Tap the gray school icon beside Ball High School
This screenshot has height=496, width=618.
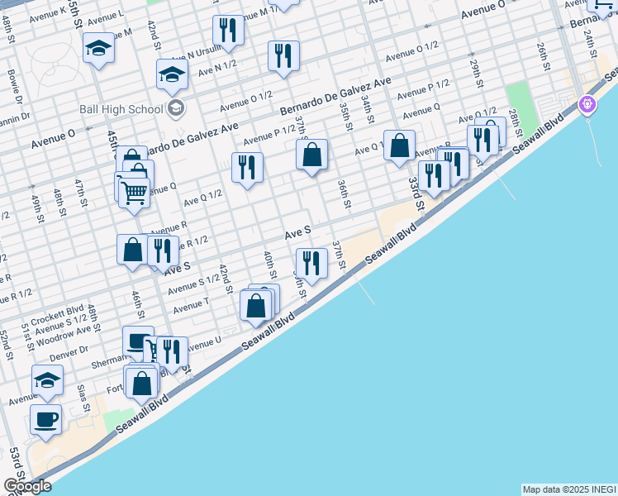tap(175, 108)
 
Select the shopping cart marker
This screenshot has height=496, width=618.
tap(134, 193)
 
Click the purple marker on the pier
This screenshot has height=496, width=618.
tap(587, 104)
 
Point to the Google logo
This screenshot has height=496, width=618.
tap(27, 486)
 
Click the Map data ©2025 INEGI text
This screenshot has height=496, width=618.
tap(569, 489)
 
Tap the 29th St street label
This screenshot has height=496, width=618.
tap(475, 72)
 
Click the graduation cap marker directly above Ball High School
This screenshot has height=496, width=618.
tap(173, 74)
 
